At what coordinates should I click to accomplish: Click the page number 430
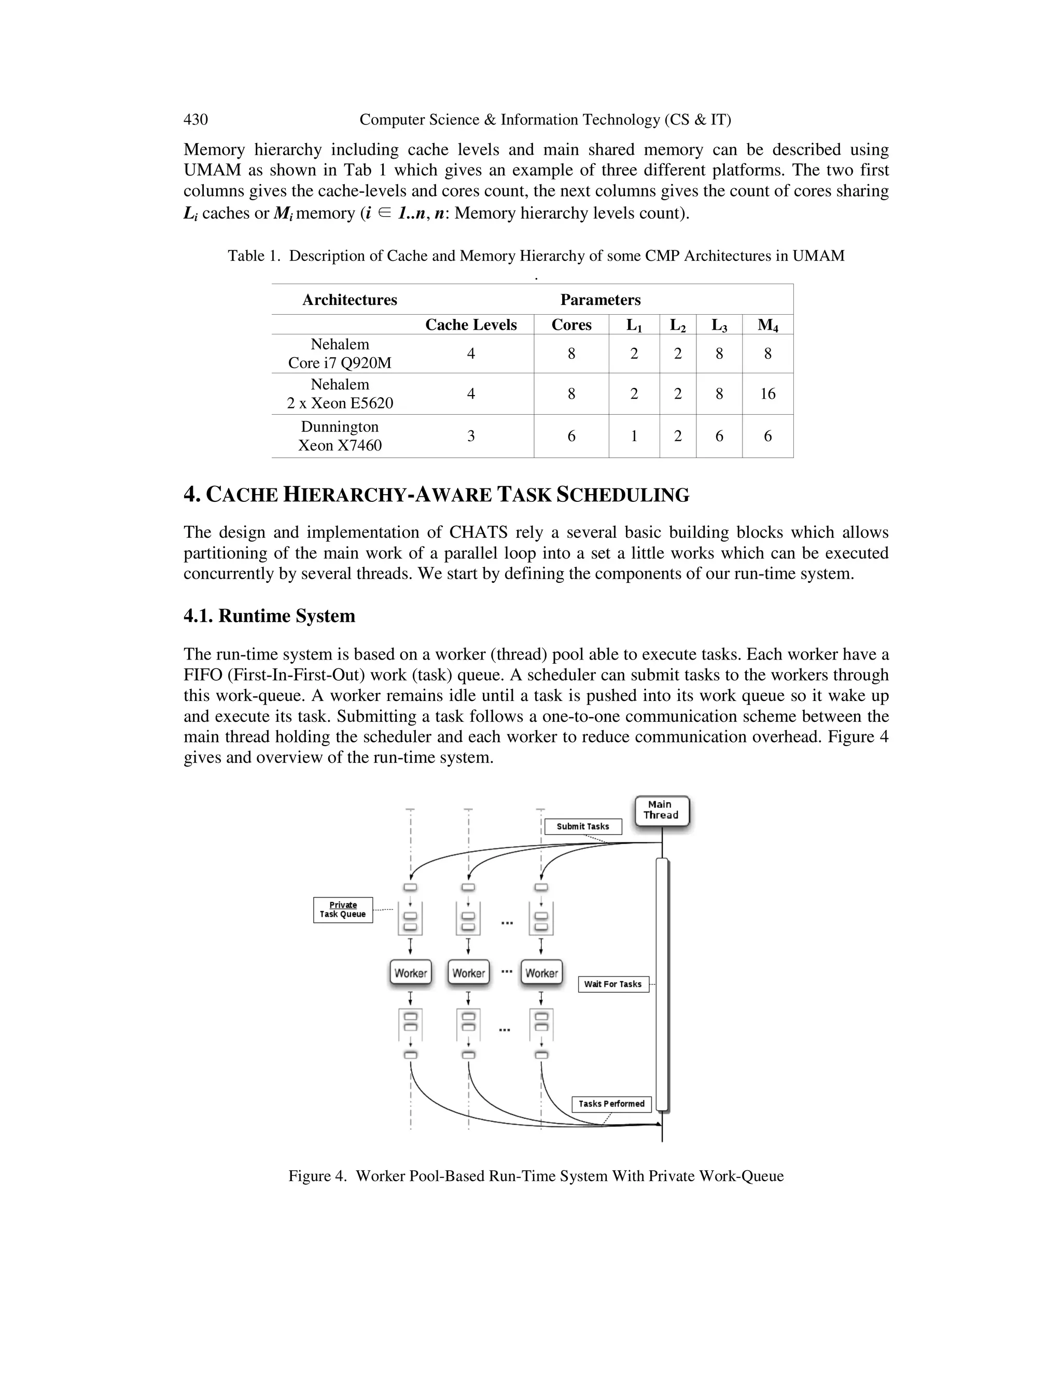click(x=195, y=120)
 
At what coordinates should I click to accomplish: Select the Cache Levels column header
click(x=471, y=325)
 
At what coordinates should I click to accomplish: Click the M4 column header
click(x=767, y=325)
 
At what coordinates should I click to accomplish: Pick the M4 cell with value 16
click(x=767, y=394)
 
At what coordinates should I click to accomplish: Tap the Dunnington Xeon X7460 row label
click(x=340, y=436)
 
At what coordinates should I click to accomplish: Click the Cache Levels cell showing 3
click(x=471, y=436)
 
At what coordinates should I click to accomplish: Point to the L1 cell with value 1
click(x=634, y=436)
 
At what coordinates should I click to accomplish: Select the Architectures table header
click(x=350, y=300)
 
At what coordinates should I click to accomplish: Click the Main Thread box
click(x=661, y=810)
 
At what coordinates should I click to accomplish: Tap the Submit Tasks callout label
click(x=582, y=826)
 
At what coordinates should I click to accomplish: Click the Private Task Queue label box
click(x=343, y=910)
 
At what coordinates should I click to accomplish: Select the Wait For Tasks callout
click(x=613, y=984)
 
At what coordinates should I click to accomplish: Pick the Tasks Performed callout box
click(x=611, y=1103)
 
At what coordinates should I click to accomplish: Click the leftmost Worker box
click(x=411, y=973)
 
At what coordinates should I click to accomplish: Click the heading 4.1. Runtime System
click(x=269, y=615)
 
